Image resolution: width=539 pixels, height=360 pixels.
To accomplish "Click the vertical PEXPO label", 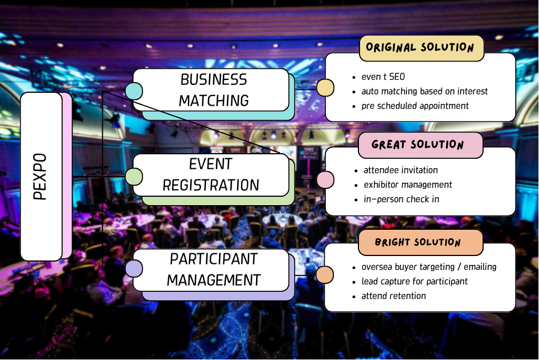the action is pos(40,177).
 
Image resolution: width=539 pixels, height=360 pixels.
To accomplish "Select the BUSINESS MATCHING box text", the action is pos(214,90).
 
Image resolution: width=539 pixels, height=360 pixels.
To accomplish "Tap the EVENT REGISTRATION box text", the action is pos(211,174).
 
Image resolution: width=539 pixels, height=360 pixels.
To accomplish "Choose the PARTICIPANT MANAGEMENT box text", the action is pos(214,269).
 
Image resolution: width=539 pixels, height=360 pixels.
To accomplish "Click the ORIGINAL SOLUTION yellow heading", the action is pos(420,47).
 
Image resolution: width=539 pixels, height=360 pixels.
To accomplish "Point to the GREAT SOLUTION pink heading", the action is pos(418,144).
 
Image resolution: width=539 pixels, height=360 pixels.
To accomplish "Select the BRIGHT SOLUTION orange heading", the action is pos(418,242).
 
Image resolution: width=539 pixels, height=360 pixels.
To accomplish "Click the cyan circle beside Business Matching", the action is pos(134,91).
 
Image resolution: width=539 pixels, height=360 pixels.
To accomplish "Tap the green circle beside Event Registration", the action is pos(134,177).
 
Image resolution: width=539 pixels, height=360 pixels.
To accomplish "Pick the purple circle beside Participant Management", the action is pos(134,268).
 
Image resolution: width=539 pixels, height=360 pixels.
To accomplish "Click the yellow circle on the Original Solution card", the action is pos(325,88).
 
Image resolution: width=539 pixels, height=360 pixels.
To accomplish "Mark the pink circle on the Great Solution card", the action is pos(325,179).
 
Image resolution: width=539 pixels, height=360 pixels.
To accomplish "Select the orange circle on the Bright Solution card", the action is pos(324,274).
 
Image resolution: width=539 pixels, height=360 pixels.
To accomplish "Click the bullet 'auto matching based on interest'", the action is pos(424,91).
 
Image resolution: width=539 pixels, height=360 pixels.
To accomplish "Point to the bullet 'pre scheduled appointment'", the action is pos(415,106).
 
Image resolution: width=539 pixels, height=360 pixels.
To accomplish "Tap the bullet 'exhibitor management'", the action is pos(408,185).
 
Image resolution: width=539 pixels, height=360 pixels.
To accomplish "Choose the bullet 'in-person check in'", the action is pos(401,199).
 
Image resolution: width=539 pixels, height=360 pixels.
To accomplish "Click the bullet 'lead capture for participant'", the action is pos(414,281).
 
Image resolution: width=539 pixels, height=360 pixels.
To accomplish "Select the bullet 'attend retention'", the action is pos(394,296).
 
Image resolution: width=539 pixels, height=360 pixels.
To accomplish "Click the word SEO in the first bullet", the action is pos(397,77).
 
